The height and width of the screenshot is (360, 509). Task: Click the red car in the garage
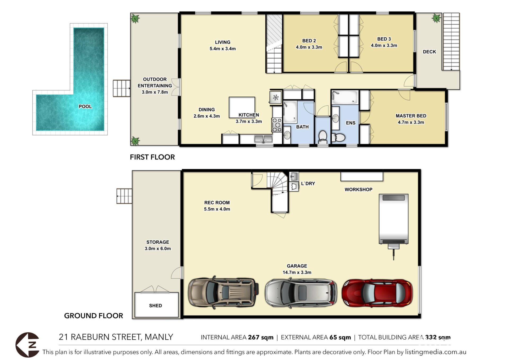pos(377,293)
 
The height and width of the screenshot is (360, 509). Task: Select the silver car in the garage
pos(301,293)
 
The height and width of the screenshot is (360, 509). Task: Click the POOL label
pos(85,107)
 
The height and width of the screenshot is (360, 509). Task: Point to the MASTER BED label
pos(411,116)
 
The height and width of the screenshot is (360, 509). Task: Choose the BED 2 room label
pos(309,41)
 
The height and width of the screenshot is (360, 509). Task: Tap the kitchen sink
pos(263,139)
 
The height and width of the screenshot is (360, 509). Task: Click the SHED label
pos(155,306)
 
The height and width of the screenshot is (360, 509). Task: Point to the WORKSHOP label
pos(358,190)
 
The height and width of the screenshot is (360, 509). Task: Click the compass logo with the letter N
pos(28,345)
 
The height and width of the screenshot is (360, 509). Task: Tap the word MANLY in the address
pos(159,337)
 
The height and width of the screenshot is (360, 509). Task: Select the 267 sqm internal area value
pos(261,337)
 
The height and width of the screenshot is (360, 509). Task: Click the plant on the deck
pos(436,18)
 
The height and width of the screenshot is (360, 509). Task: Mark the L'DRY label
pos(308,183)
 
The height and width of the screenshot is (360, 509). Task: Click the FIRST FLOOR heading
pos(152,157)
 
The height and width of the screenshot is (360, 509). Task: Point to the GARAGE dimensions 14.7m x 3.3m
pos(297,272)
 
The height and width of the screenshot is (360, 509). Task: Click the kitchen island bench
pos(242,107)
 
